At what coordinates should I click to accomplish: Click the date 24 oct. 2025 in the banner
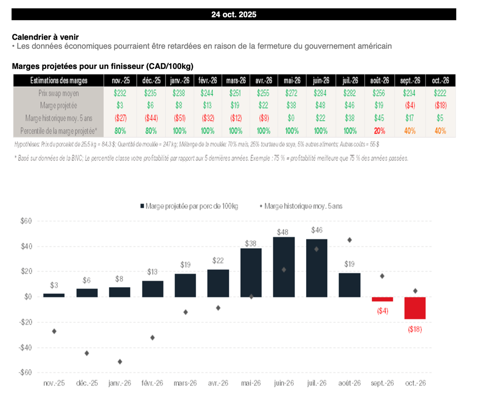click(233, 15)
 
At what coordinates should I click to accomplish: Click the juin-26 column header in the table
click(321, 81)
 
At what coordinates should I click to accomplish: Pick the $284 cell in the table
click(321, 93)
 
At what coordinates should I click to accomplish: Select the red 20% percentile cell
click(379, 131)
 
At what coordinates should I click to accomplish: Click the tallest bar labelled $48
click(284, 267)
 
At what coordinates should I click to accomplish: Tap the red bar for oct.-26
click(415, 308)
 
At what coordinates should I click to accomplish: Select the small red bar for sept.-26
click(382, 299)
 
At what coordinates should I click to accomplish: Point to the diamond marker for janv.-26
click(120, 362)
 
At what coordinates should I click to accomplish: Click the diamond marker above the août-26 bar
click(350, 240)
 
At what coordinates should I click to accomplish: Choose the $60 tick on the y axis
click(25, 221)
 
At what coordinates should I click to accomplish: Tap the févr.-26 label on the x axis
click(152, 383)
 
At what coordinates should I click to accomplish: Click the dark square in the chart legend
click(142, 206)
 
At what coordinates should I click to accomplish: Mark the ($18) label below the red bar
click(415, 329)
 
